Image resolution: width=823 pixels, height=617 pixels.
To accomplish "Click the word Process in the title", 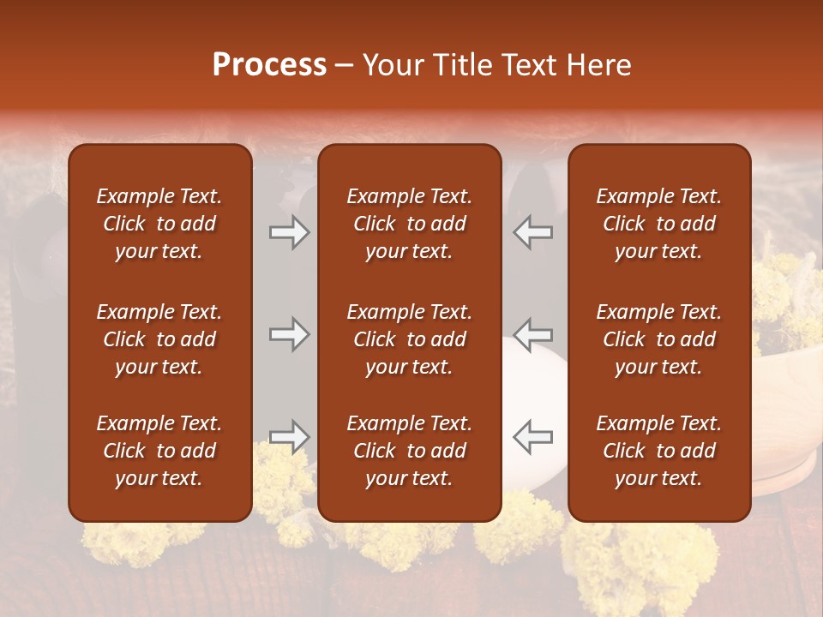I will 269,65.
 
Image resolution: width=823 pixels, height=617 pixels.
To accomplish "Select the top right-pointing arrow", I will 290,232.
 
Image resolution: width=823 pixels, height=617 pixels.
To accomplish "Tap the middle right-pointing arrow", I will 290,334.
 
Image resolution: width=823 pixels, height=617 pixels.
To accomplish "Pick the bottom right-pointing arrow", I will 290,436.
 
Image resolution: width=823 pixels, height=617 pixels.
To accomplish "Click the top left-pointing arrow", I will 532,232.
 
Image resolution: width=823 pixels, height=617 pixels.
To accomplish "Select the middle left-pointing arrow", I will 532,334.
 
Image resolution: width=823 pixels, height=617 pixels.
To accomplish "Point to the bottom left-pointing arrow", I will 532,436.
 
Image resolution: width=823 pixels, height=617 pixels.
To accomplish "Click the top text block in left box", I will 159,224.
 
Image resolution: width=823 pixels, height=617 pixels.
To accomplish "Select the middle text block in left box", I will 159,339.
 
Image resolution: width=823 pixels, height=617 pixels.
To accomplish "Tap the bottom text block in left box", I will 159,451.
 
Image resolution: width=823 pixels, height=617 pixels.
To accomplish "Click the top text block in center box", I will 409,224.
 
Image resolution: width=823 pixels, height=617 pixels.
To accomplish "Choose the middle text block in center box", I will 409,339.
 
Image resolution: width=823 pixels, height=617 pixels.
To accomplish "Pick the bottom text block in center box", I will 409,451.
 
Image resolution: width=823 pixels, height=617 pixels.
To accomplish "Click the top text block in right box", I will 658,224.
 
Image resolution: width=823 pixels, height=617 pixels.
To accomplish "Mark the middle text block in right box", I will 658,339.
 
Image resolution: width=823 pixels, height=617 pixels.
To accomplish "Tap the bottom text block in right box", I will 658,451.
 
